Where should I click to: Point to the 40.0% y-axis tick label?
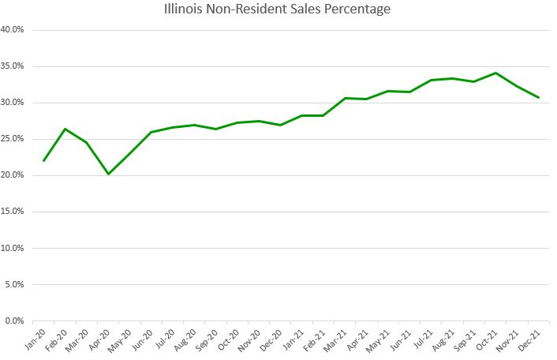coord(13,30)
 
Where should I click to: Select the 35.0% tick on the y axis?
coord(13,66)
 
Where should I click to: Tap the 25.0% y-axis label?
coord(13,139)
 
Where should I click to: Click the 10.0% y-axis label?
coord(13,248)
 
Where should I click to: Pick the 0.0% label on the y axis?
coord(15,321)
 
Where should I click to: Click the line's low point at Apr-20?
coord(108,174)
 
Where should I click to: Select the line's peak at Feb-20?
coord(65,129)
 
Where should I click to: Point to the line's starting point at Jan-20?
coord(43,160)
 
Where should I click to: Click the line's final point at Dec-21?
coord(538,98)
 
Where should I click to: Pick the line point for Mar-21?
coord(345,98)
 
